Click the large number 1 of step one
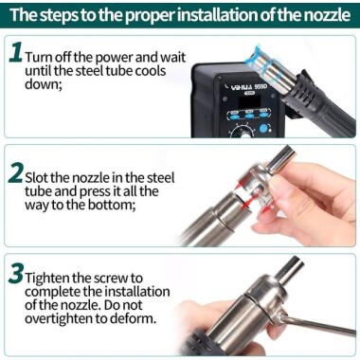[15, 55]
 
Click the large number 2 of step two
[16, 174]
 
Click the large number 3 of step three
[16, 278]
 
